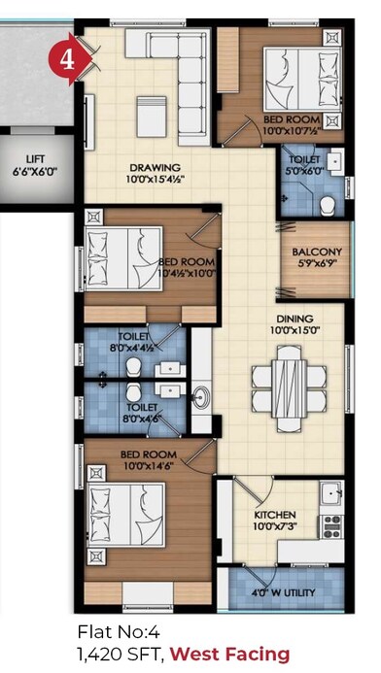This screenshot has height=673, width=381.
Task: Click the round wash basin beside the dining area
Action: tap(201, 397)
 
